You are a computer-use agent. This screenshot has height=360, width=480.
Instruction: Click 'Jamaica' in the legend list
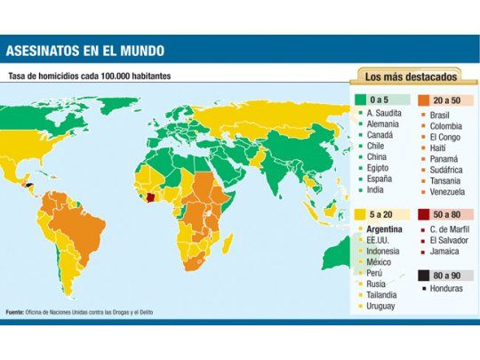[x=445, y=254]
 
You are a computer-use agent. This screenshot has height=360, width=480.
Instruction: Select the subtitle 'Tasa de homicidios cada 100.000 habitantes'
[x=89, y=76]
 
